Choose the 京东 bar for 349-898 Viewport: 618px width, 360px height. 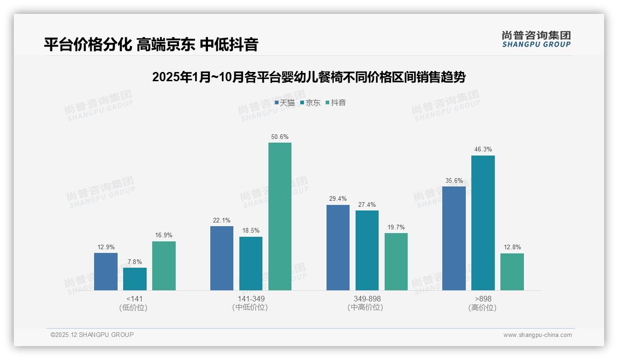[x=367, y=250]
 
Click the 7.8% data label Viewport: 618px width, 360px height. [x=135, y=262]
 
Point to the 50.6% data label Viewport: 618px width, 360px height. [x=280, y=137]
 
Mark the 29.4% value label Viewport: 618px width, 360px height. [x=338, y=199]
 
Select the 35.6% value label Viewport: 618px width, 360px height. [x=454, y=180]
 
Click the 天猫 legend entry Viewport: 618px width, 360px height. [x=285, y=103]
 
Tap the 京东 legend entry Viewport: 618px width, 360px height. [x=310, y=103]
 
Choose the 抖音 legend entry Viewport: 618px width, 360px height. [x=336, y=103]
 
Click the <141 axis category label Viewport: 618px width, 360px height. [x=134, y=299]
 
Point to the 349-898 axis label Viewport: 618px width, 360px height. [x=367, y=299]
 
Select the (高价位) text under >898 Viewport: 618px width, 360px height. [x=482, y=307]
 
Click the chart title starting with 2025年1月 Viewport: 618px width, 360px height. [x=309, y=77]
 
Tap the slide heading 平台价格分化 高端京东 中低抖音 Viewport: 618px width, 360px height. [x=151, y=44]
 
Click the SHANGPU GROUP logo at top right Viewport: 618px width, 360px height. [x=536, y=39]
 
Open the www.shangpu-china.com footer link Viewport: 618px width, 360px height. [x=537, y=335]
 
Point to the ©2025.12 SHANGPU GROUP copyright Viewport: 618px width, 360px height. [x=92, y=335]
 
